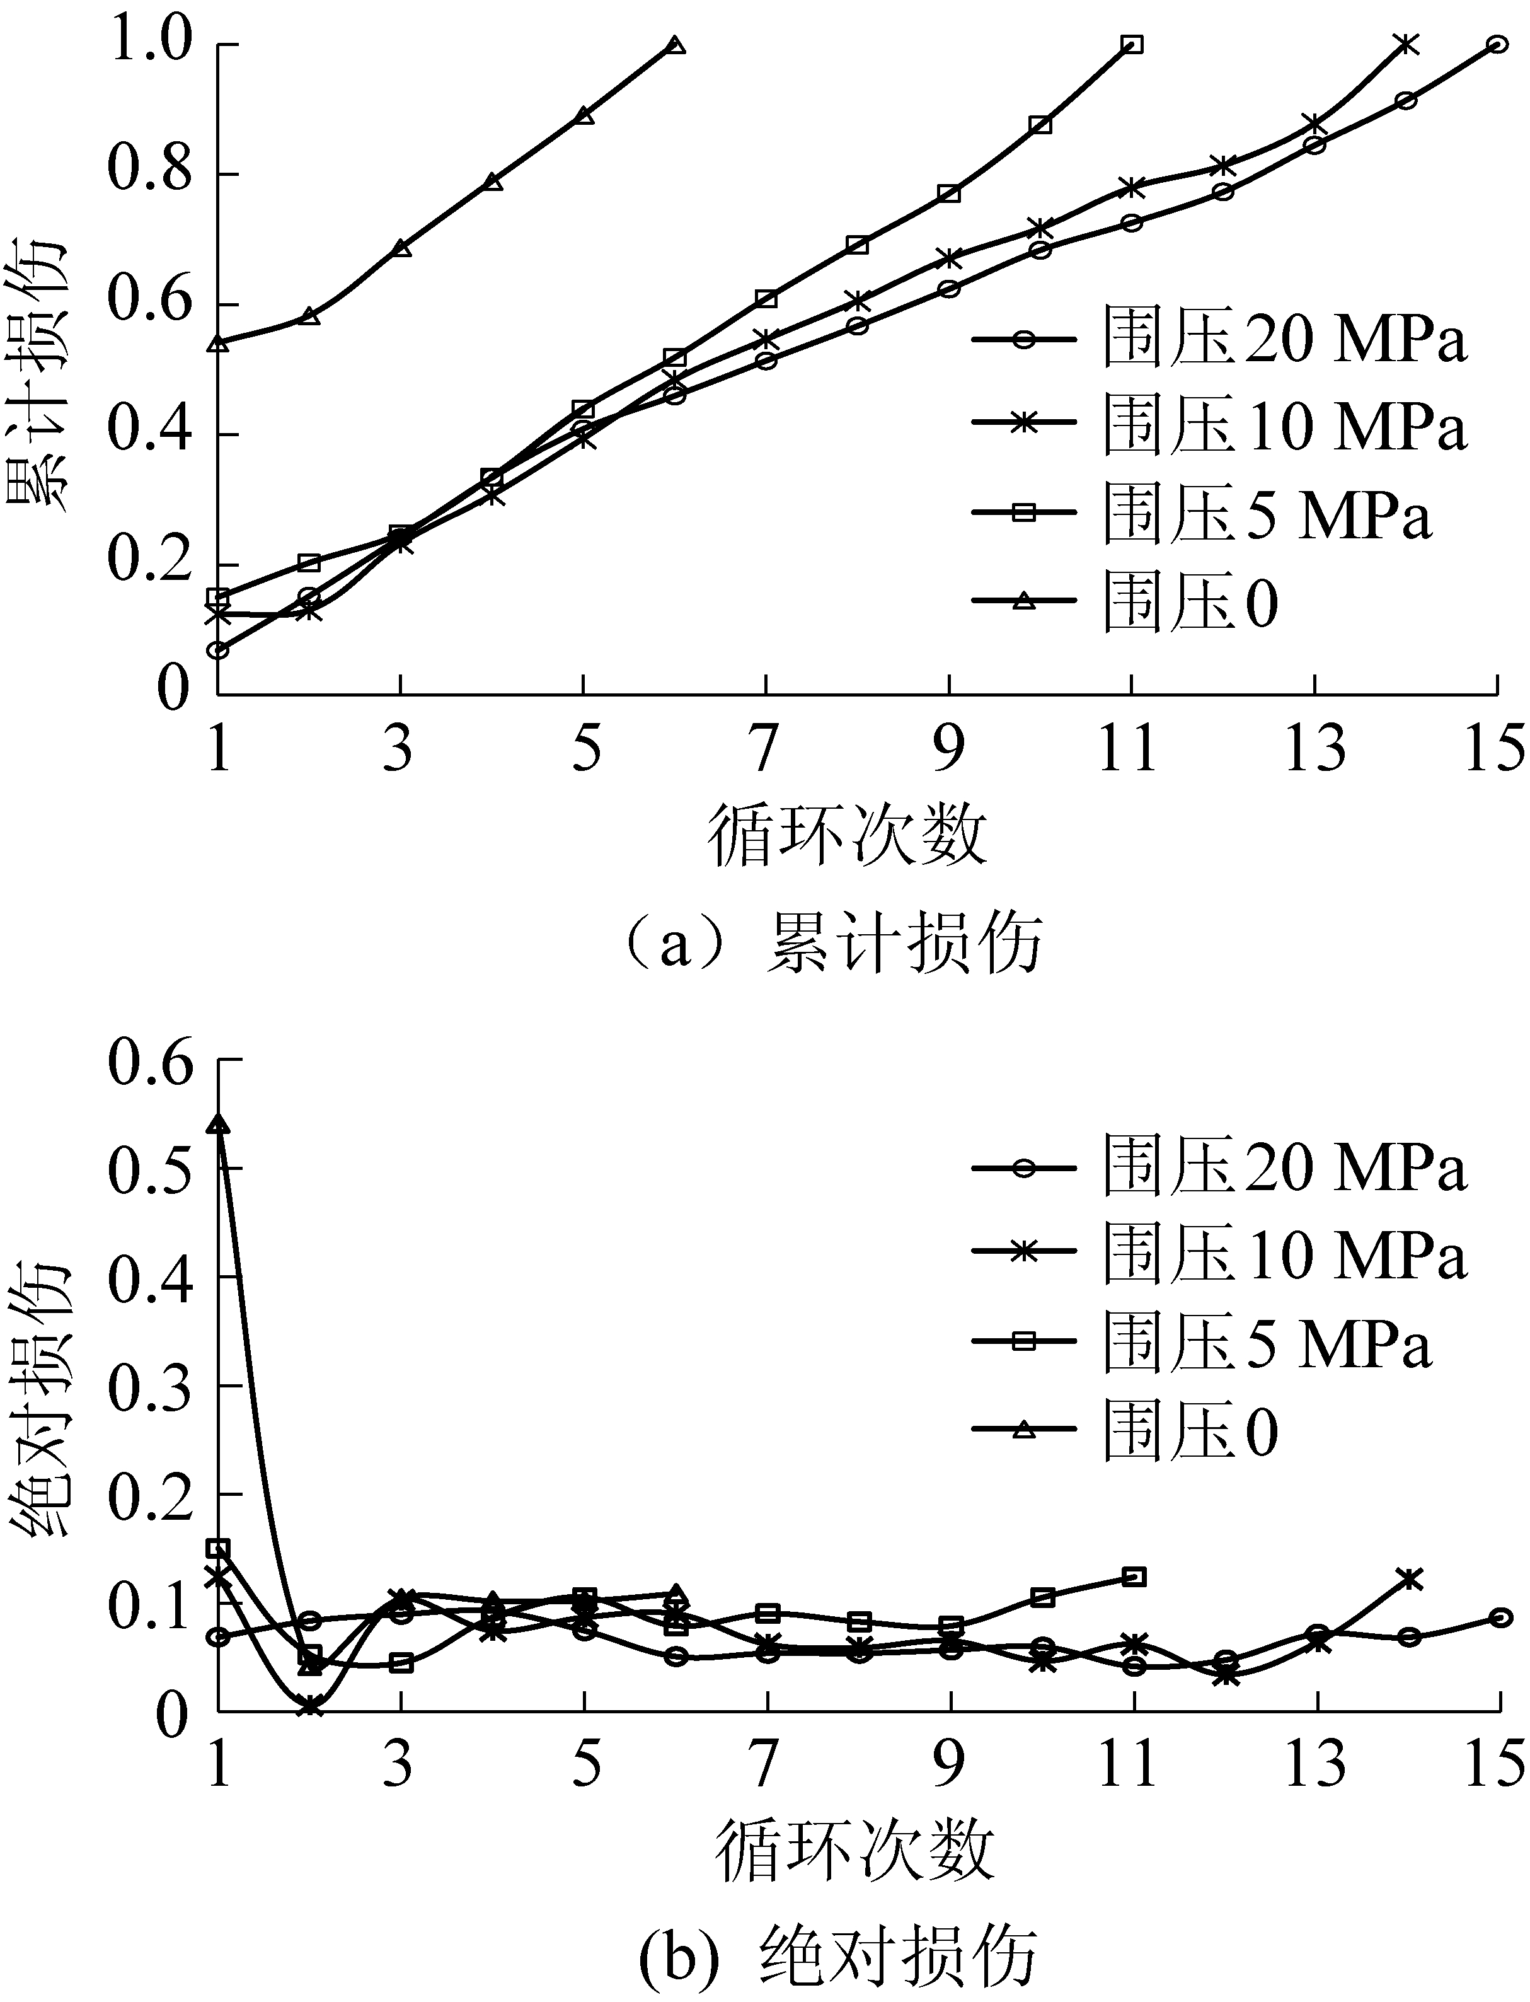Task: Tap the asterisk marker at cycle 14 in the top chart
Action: tap(1406, 43)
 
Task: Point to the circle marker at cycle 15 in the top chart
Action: tap(1497, 43)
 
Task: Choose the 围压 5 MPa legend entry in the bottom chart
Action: tap(1202, 1341)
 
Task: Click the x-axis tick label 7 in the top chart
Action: tap(766, 749)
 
